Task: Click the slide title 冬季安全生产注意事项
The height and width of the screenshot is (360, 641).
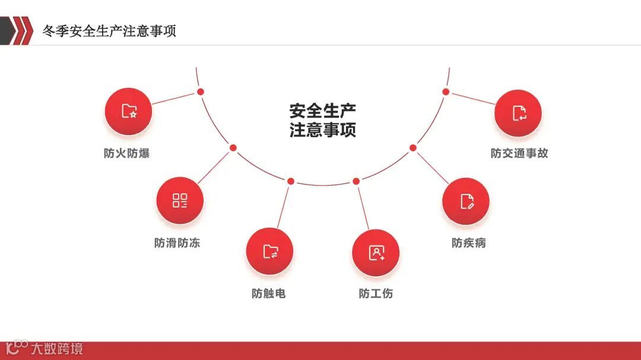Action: coord(109,31)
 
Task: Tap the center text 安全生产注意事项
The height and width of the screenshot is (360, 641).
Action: coord(323,120)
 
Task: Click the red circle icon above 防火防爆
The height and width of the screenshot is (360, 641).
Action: coord(128,111)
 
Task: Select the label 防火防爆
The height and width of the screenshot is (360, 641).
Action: coord(126,153)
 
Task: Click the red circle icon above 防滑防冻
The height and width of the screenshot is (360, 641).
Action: coord(179,200)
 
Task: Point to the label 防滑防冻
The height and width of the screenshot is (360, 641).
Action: coord(177,243)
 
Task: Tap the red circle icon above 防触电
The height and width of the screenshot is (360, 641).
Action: coord(270,251)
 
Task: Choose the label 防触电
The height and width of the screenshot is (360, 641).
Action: coord(268,293)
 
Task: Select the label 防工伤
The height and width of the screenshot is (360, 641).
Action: coord(376,293)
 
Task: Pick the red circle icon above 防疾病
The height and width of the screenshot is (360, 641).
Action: coord(466,201)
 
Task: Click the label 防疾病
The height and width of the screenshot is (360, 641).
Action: coord(469,243)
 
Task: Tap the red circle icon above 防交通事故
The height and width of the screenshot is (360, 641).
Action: coord(518,113)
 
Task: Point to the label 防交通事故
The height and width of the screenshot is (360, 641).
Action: coord(519,153)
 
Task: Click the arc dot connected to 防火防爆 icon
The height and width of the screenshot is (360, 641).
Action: coord(201,91)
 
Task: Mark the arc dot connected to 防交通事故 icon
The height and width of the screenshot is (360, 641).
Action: coord(446,91)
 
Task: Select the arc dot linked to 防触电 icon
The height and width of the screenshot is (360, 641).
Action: coord(291,181)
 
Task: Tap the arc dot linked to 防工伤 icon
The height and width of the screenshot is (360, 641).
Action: coord(356,181)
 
